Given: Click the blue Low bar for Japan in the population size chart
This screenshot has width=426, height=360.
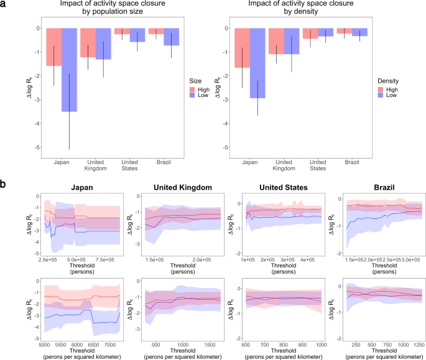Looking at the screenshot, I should point(70,70).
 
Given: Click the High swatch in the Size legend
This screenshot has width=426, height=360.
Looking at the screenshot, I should point(194,90).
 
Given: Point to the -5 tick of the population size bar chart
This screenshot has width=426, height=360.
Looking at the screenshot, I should point(39,147).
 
